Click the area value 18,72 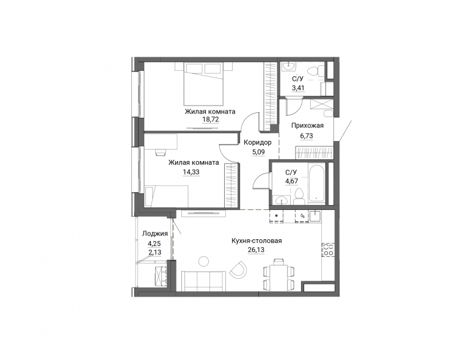click(210, 120)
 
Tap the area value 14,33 click(191, 172)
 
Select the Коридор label click(258, 142)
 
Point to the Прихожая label click(308, 126)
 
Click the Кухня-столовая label click(256, 241)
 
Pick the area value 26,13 click(256, 250)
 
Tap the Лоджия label click(155, 234)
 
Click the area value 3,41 click(298, 88)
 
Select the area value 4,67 click(292, 181)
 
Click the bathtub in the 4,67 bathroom click(317, 183)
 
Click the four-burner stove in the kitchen click(328, 250)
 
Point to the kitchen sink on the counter click(315, 215)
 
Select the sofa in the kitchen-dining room click(204, 280)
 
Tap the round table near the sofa click(205, 261)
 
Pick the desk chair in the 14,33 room click(161, 152)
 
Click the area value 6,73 click(307, 136)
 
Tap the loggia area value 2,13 click(155, 253)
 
